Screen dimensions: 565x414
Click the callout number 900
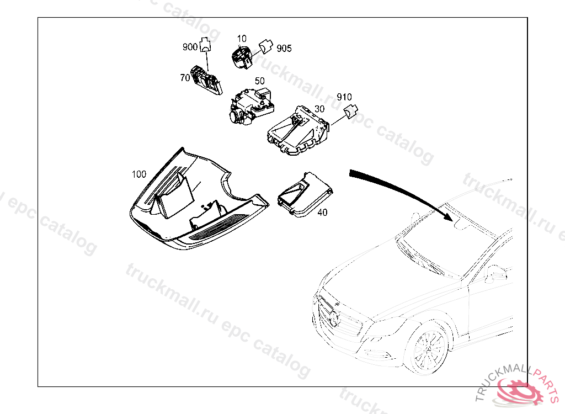190,47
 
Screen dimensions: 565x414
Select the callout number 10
242,39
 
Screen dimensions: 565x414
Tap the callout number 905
284,49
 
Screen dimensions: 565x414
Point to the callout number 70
185,77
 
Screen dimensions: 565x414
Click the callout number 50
259,81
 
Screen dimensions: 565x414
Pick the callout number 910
344,97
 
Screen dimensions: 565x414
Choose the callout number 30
319,109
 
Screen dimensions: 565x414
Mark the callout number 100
139,174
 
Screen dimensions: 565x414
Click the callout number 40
322,213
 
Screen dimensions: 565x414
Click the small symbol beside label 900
205,45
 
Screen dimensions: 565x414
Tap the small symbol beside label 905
266,47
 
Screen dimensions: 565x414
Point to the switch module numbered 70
207,81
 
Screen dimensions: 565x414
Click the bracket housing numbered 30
298,130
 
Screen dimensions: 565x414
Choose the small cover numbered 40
305,195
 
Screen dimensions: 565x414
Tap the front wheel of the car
428,346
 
